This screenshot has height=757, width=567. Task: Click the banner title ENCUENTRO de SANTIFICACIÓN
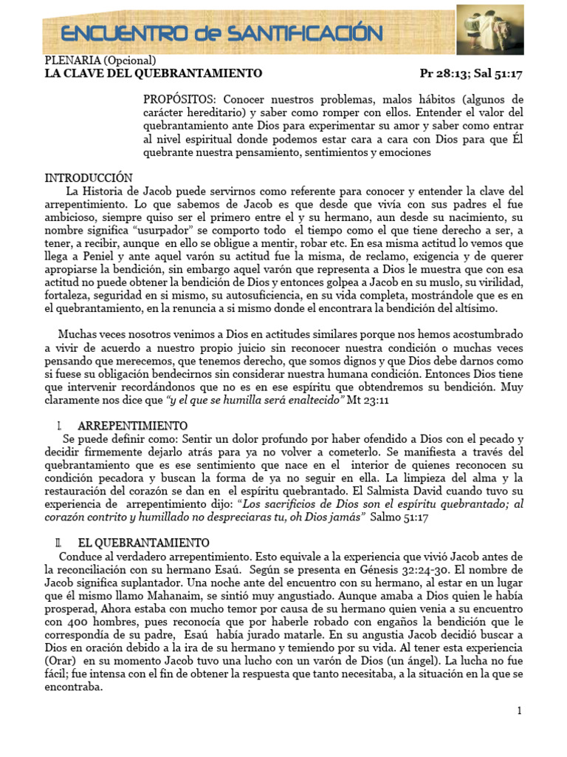221,33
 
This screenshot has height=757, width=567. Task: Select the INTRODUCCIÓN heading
89,178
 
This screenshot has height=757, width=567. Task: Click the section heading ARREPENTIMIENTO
132,427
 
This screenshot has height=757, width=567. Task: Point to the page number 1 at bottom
520,711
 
